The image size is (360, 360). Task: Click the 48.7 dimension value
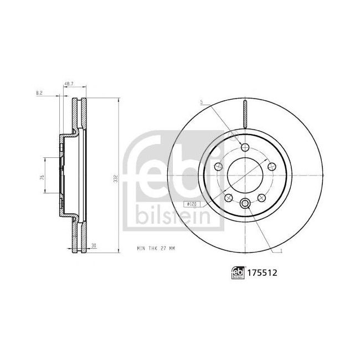69,85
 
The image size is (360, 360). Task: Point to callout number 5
202,102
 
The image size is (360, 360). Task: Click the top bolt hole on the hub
244,147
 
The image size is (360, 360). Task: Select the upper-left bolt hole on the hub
218,166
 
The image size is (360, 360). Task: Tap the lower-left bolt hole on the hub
228,197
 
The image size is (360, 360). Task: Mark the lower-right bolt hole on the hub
261,197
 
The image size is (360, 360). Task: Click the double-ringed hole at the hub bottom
244,203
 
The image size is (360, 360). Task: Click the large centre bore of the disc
244,175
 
